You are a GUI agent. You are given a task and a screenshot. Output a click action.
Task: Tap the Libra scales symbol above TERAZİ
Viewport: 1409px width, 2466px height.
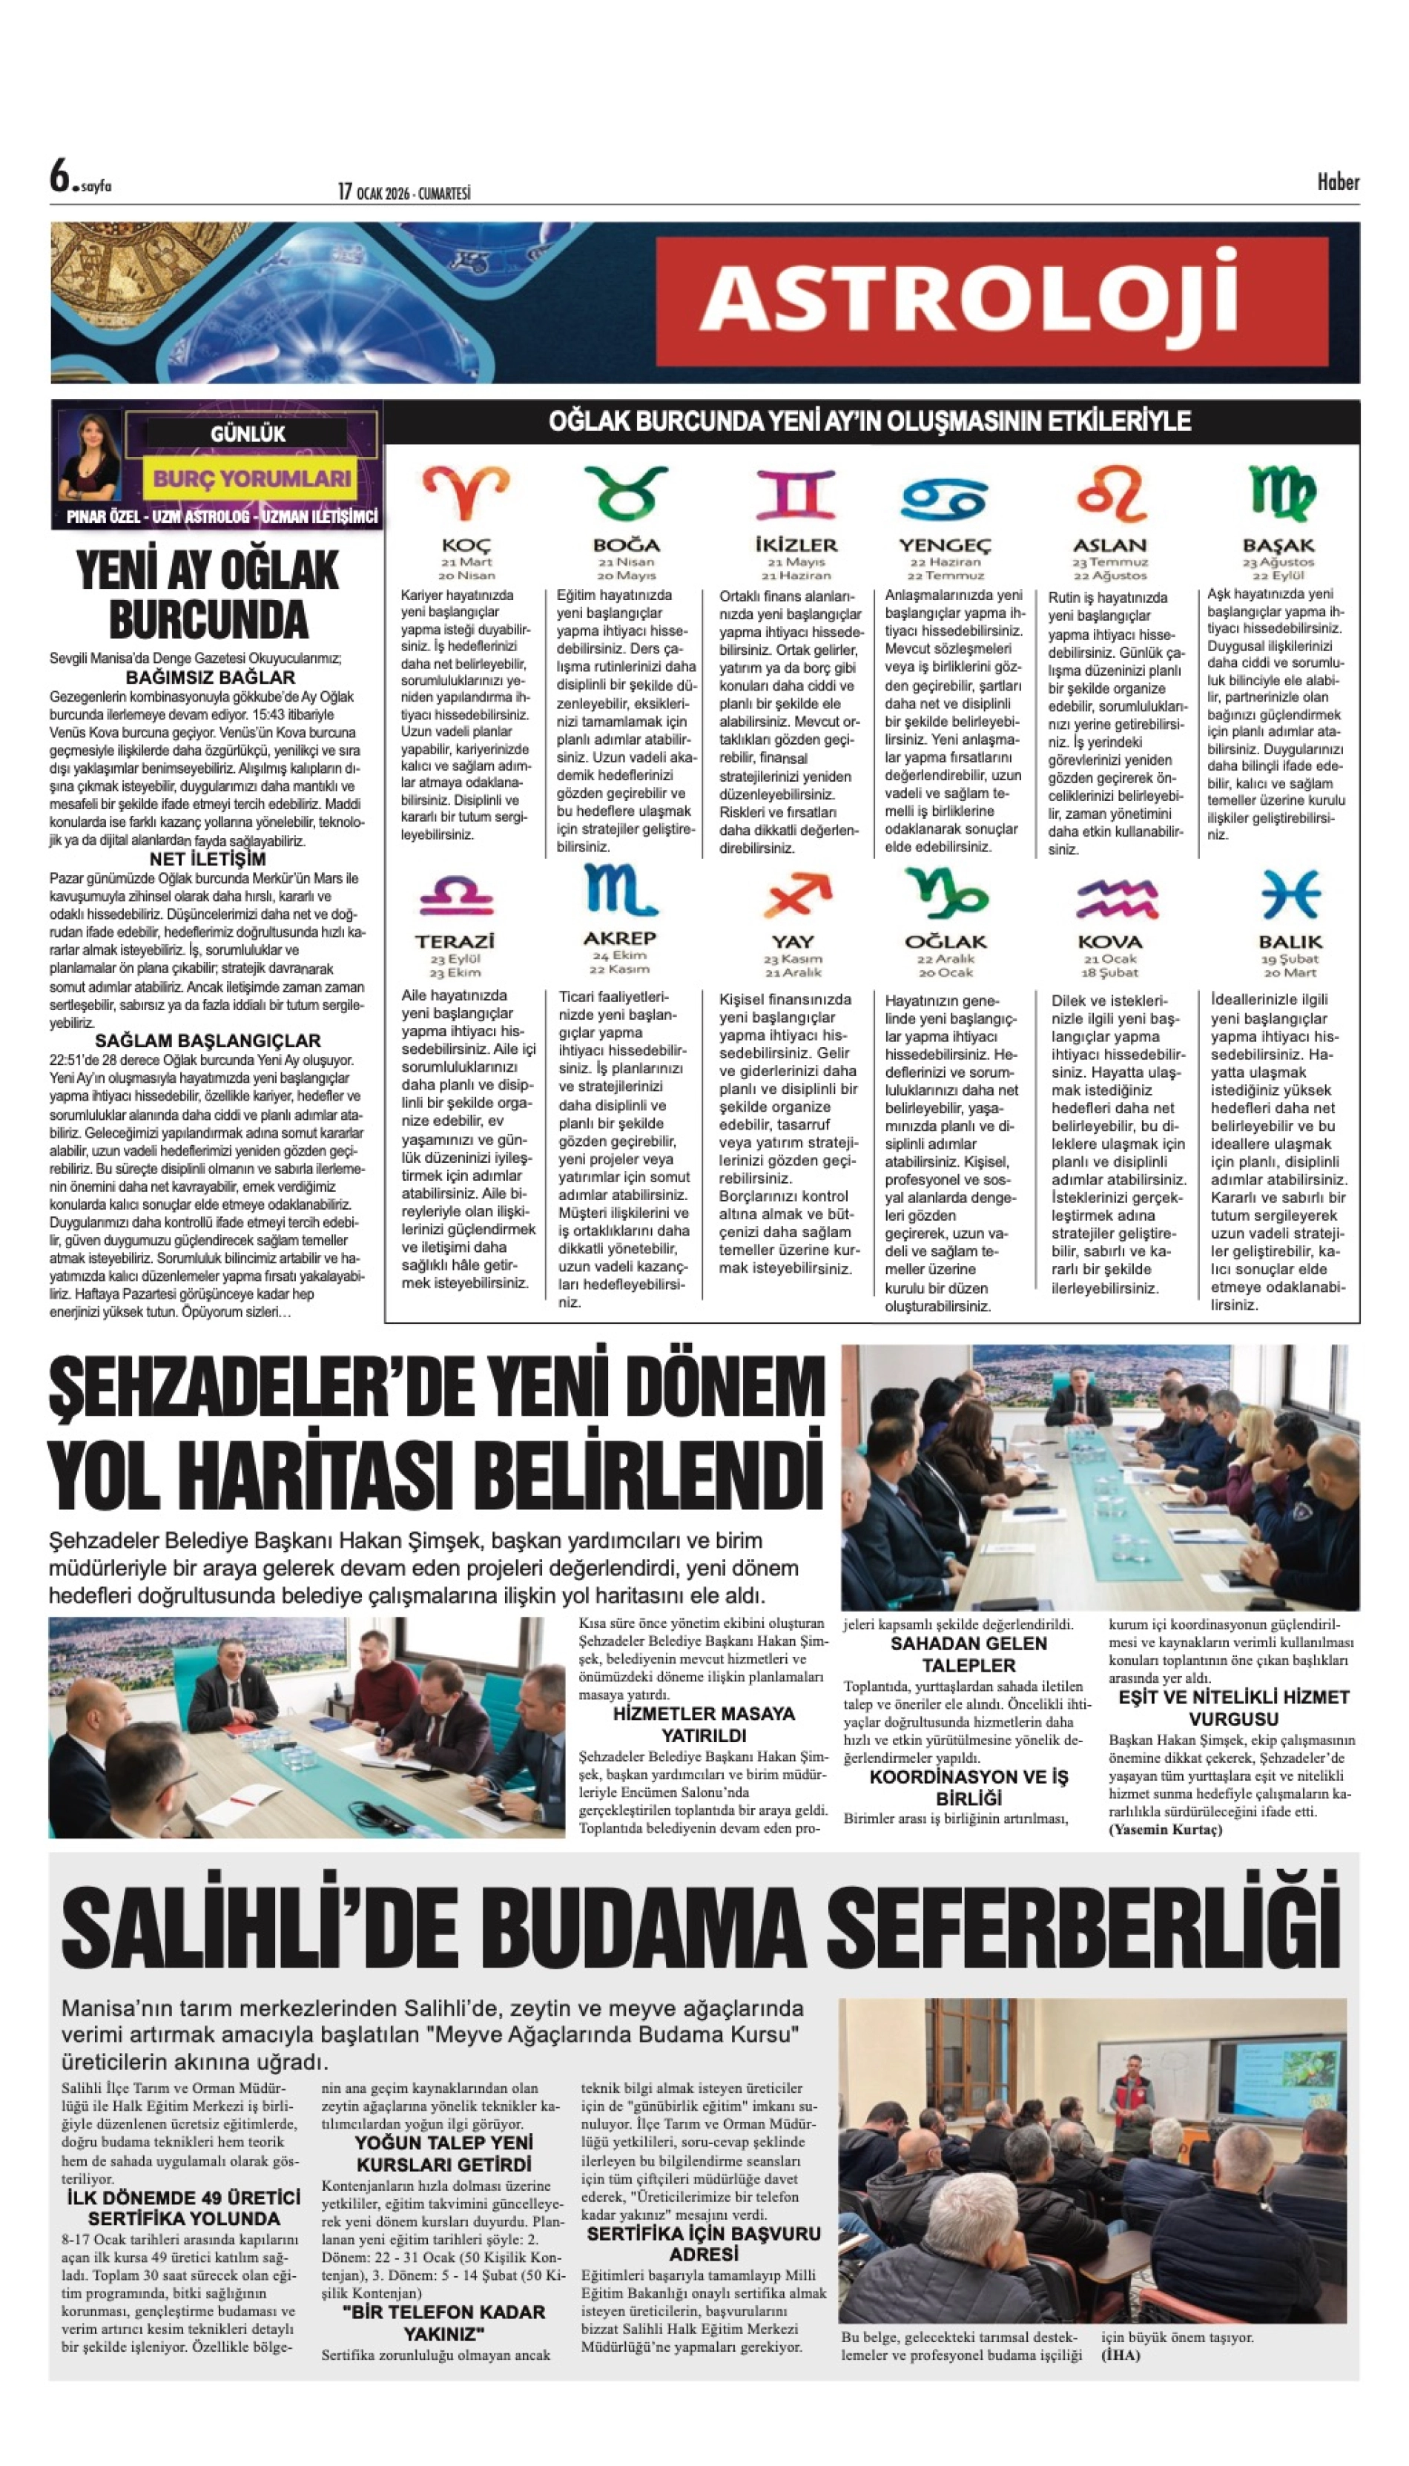click(456, 895)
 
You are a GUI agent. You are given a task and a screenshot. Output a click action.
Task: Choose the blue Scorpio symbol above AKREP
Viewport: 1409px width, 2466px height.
click(619, 891)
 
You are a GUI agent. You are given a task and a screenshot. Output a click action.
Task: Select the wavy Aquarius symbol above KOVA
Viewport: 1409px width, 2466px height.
click(1116, 898)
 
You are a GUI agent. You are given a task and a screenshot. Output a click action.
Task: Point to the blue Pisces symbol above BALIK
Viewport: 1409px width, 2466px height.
click(1291, 894)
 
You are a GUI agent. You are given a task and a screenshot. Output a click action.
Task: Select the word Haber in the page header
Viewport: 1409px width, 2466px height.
click(1337, 182)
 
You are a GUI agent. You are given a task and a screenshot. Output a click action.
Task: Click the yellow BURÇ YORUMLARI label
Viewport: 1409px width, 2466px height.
click(251, 478)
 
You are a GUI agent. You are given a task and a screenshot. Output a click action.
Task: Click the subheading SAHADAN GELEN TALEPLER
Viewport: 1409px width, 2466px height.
click(969, 1654)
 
